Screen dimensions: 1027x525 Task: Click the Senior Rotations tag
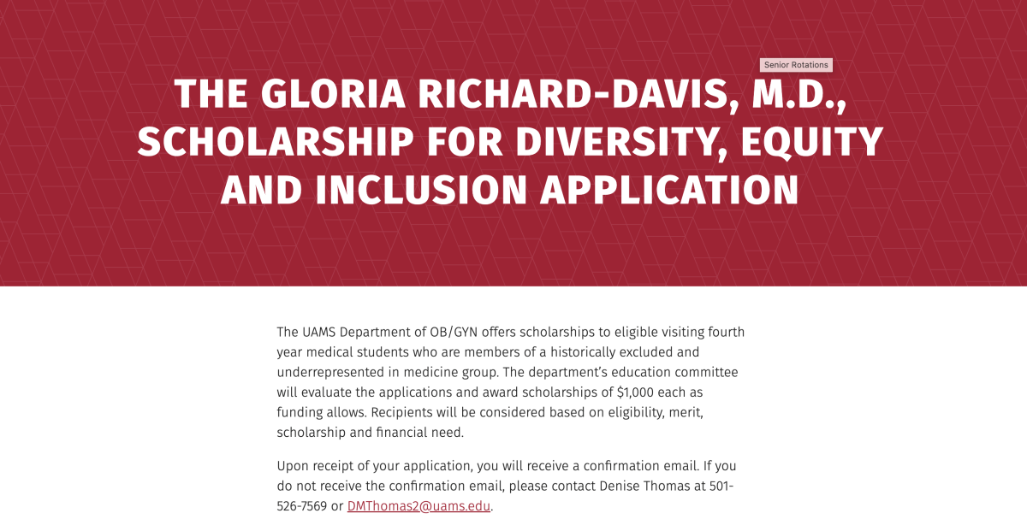[796, 65]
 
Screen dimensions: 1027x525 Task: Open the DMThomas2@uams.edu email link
[419, 506]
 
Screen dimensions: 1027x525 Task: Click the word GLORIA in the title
[333, 94]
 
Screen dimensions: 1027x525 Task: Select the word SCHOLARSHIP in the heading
[276, 142]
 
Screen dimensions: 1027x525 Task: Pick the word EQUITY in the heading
[812, 143]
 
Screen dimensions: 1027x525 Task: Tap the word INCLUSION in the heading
[421, 190]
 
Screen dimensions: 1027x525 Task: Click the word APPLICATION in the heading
[669, 190]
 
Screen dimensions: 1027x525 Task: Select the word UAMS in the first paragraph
[318, 332]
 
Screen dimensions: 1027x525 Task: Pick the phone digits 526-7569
[301, 506]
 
